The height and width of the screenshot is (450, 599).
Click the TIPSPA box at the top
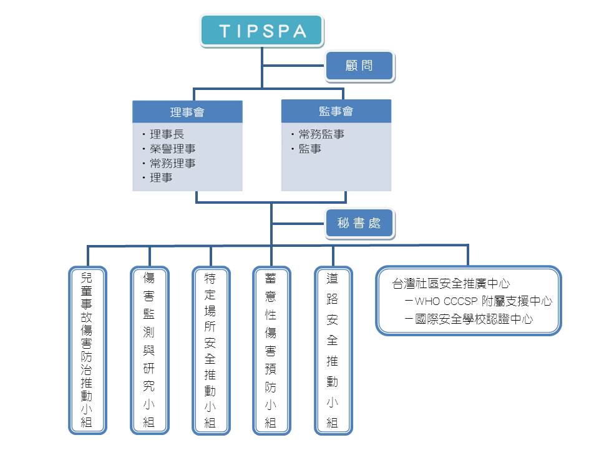coord(262,31)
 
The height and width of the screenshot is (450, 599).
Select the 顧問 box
coord(359,66)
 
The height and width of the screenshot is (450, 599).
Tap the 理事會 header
coord(187,112)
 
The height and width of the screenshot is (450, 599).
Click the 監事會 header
coord(336,111)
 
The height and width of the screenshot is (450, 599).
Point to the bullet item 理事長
coord(167,134)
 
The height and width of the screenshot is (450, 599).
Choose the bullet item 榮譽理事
coord(172,149)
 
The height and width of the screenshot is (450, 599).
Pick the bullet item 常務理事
coord(172,163)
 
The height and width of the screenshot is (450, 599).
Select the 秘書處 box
coord(359,223)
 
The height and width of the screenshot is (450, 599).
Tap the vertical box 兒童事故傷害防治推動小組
coord(87,350)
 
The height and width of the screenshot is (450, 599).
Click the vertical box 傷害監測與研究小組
coord(149,350)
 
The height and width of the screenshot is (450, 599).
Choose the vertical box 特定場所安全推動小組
coord(210,350)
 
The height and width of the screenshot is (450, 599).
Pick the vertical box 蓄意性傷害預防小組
coord(271,350)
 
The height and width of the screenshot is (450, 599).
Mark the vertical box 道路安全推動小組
coord(333,350)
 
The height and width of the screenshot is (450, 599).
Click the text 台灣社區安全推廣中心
coord(451,284)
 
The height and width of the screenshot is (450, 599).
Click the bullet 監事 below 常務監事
coord(309,149)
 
